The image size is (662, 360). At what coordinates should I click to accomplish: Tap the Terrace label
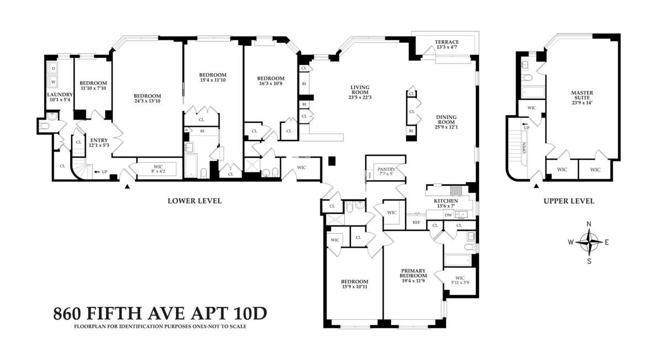pyautogui.click(x=447, y=45)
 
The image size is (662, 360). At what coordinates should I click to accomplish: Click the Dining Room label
pyautogui.click(x=446, y=120)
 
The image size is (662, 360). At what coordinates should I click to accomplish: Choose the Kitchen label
pyautogui.click(x=446, y=204)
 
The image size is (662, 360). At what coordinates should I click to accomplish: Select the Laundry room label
pyautogui.click(x=60, y=98)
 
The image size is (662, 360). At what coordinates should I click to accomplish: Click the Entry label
pyautogui.click(x=99, y=143)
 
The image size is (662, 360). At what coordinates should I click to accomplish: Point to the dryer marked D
pyautogui.click(x=54, y=69)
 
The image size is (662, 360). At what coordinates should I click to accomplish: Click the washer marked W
pyautogui.click(x=54, y=82)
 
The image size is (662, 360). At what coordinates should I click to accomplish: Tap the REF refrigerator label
pyautogui.click(x=417, y=222)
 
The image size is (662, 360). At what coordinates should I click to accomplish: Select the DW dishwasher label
pyautogui.click(x=449, y=214)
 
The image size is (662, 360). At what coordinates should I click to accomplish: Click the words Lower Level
pyautogui.click(x=194, y=201)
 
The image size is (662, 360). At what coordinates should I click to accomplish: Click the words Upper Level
pyautogui.click(x=569, y=201)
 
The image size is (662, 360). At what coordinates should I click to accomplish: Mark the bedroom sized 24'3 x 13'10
pyautogui.click(x=147, y=99)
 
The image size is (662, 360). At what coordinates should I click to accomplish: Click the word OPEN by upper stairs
pyautogui.click(x=524, y=148)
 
